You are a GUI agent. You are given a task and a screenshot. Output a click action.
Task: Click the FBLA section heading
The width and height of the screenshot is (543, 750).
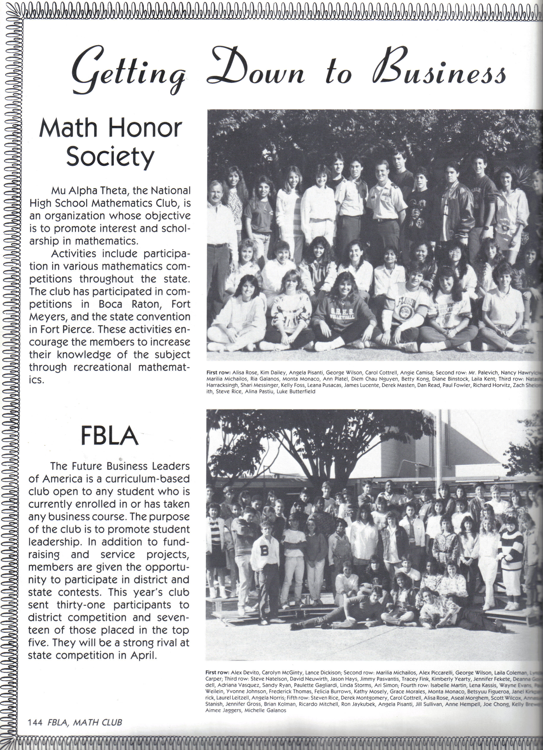(109, 436)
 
